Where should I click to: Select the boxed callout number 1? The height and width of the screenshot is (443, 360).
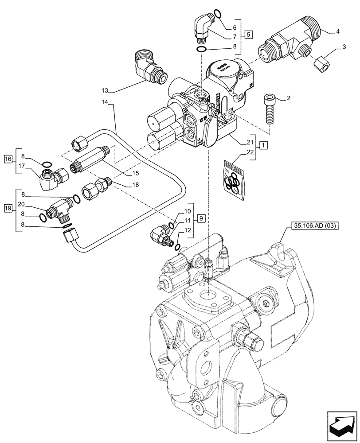(263, 145)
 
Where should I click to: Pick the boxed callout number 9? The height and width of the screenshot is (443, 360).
(201, 218)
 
